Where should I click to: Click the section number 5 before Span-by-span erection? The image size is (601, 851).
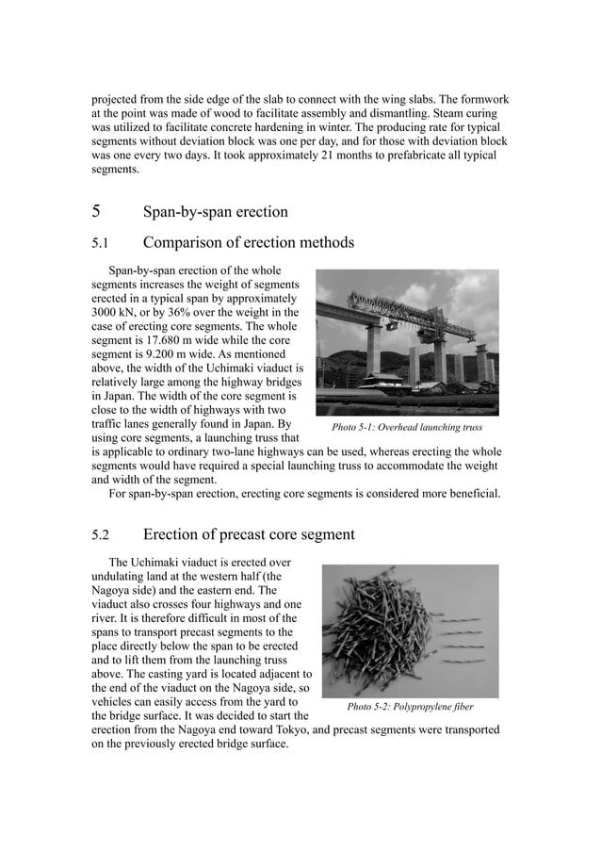(x=96, y=212)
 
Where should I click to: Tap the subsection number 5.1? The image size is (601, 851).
(x=100, y=243)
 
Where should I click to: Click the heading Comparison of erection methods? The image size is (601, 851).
(x=248, y=243)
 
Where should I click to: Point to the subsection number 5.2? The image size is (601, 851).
(x=101, y=535)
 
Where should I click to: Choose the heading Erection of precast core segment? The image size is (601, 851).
(x=249, y=535)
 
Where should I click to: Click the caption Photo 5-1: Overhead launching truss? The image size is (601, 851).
(x=407, y=427)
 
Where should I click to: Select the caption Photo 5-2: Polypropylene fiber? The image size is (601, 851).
(x=410, y=706)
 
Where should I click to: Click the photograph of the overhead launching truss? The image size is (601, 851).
(x=407, y=342)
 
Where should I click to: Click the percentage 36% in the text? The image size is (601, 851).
(x=179, y=312)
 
